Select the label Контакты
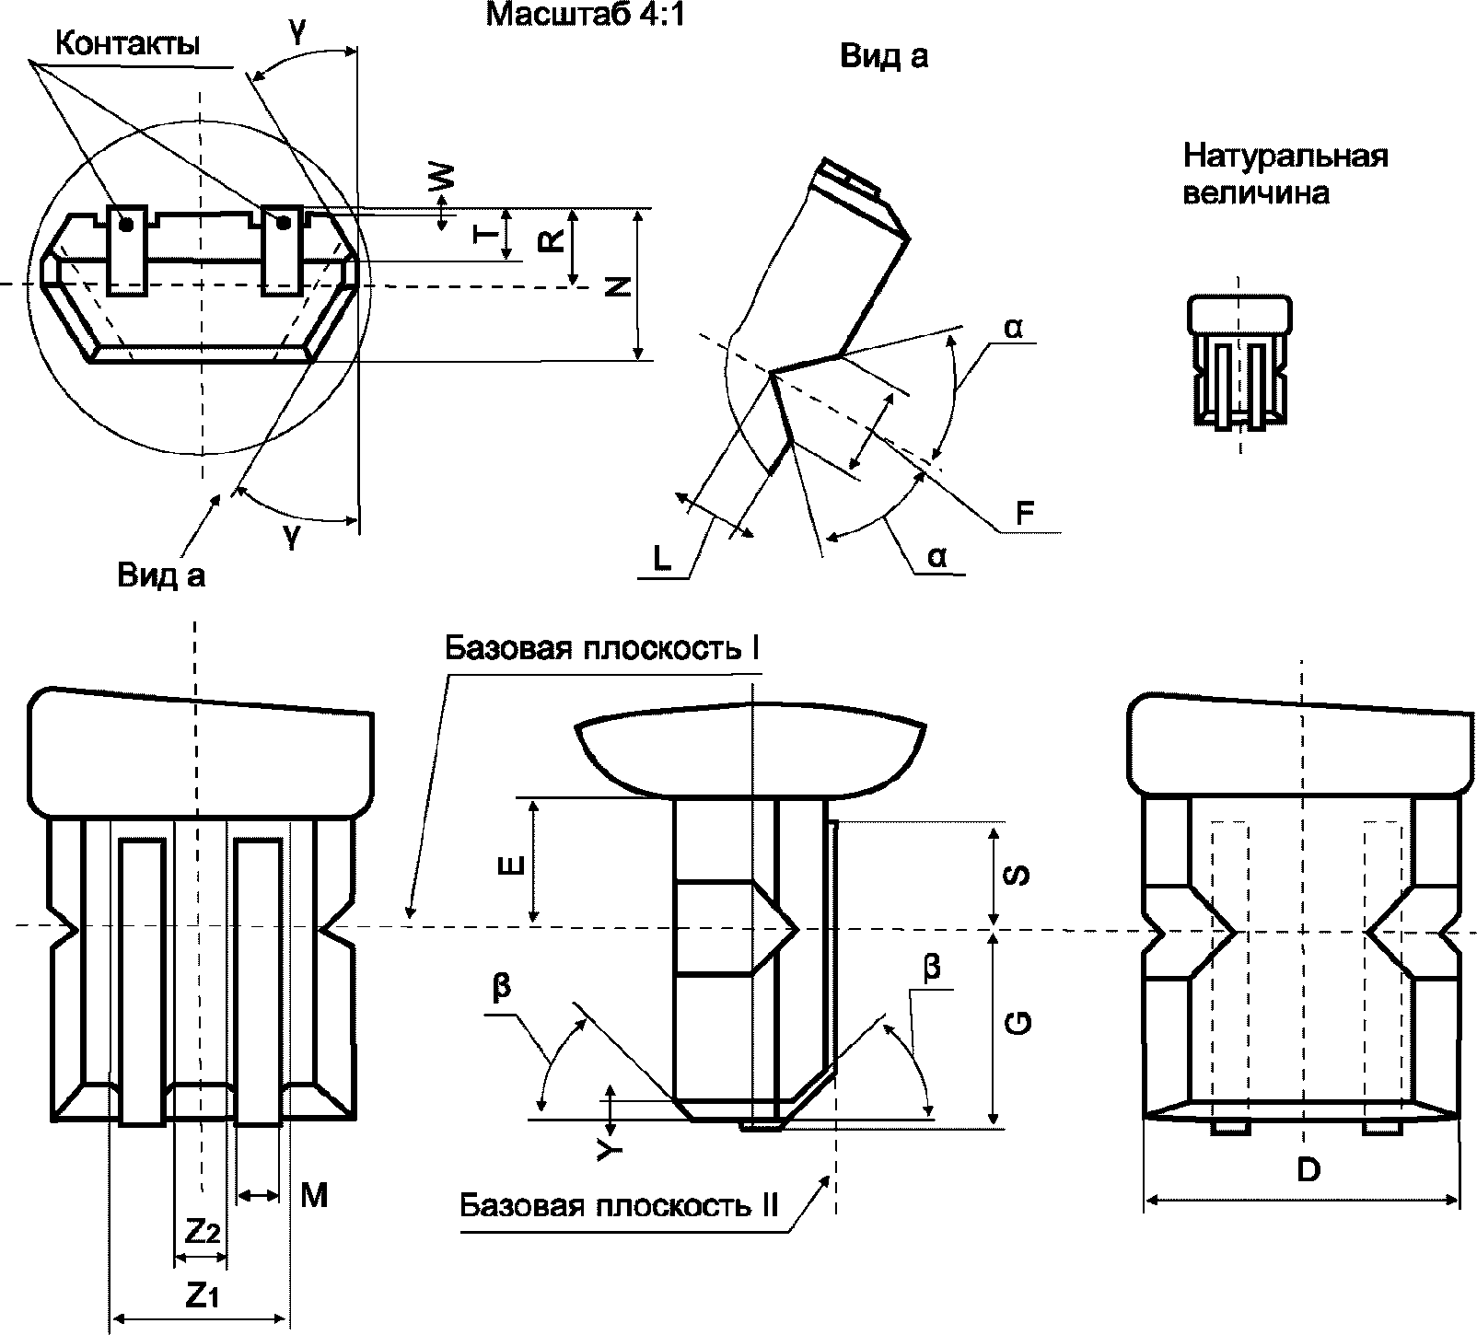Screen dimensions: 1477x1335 click(128, 43)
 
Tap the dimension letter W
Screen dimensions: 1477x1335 click(444, 177)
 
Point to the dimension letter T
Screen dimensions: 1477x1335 click(484, 234)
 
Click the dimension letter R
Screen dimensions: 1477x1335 click(550, 241)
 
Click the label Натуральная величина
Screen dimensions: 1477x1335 click(1285, 174)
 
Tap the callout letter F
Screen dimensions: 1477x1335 click(1026, 514)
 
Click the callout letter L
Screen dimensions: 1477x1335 click(661, 558)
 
